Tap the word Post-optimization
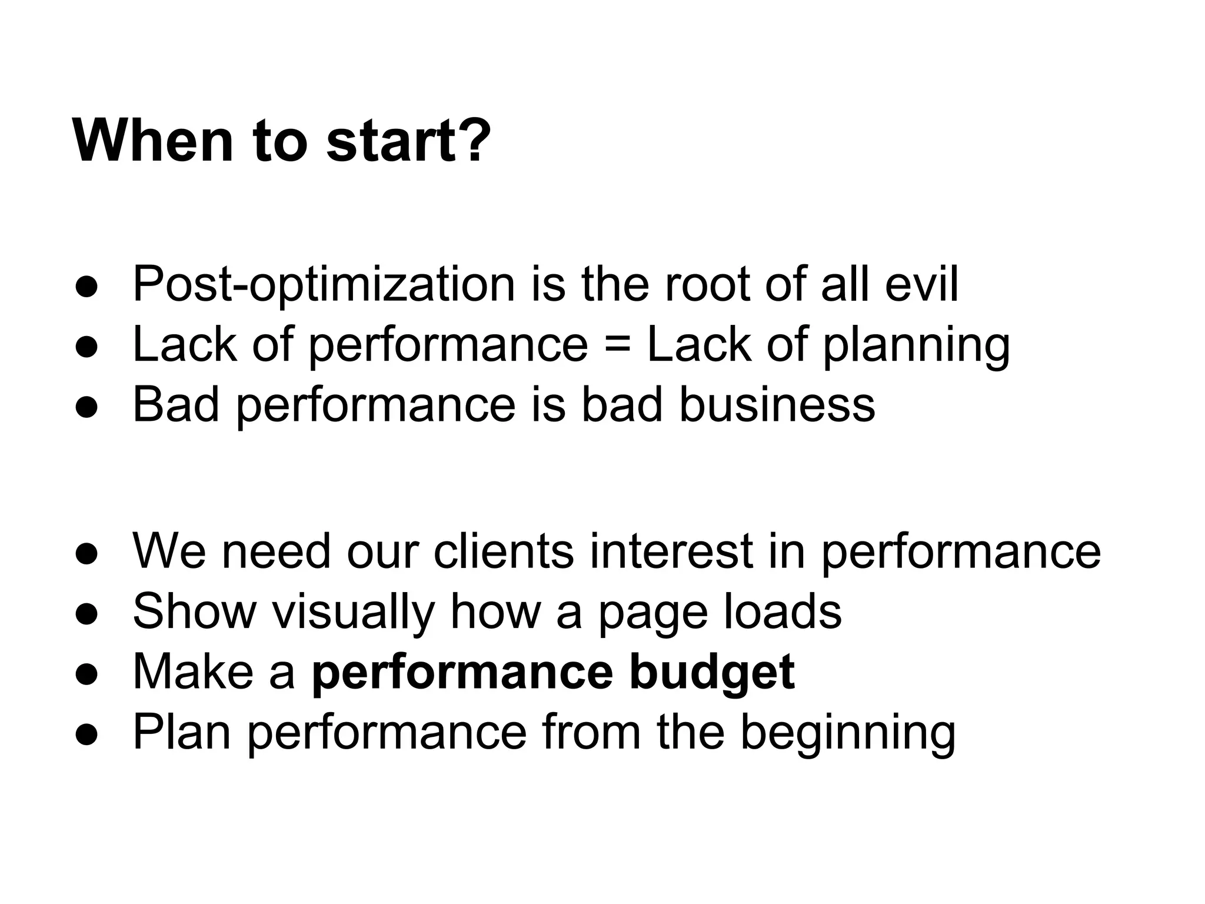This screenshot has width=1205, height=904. [324, 285]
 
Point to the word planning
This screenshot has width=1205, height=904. [916, 346]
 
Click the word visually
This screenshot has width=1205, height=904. [352, 612]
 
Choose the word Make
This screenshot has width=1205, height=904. [193, 672]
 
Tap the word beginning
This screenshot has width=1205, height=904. [847, 733]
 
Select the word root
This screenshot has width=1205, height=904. [707, 285]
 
